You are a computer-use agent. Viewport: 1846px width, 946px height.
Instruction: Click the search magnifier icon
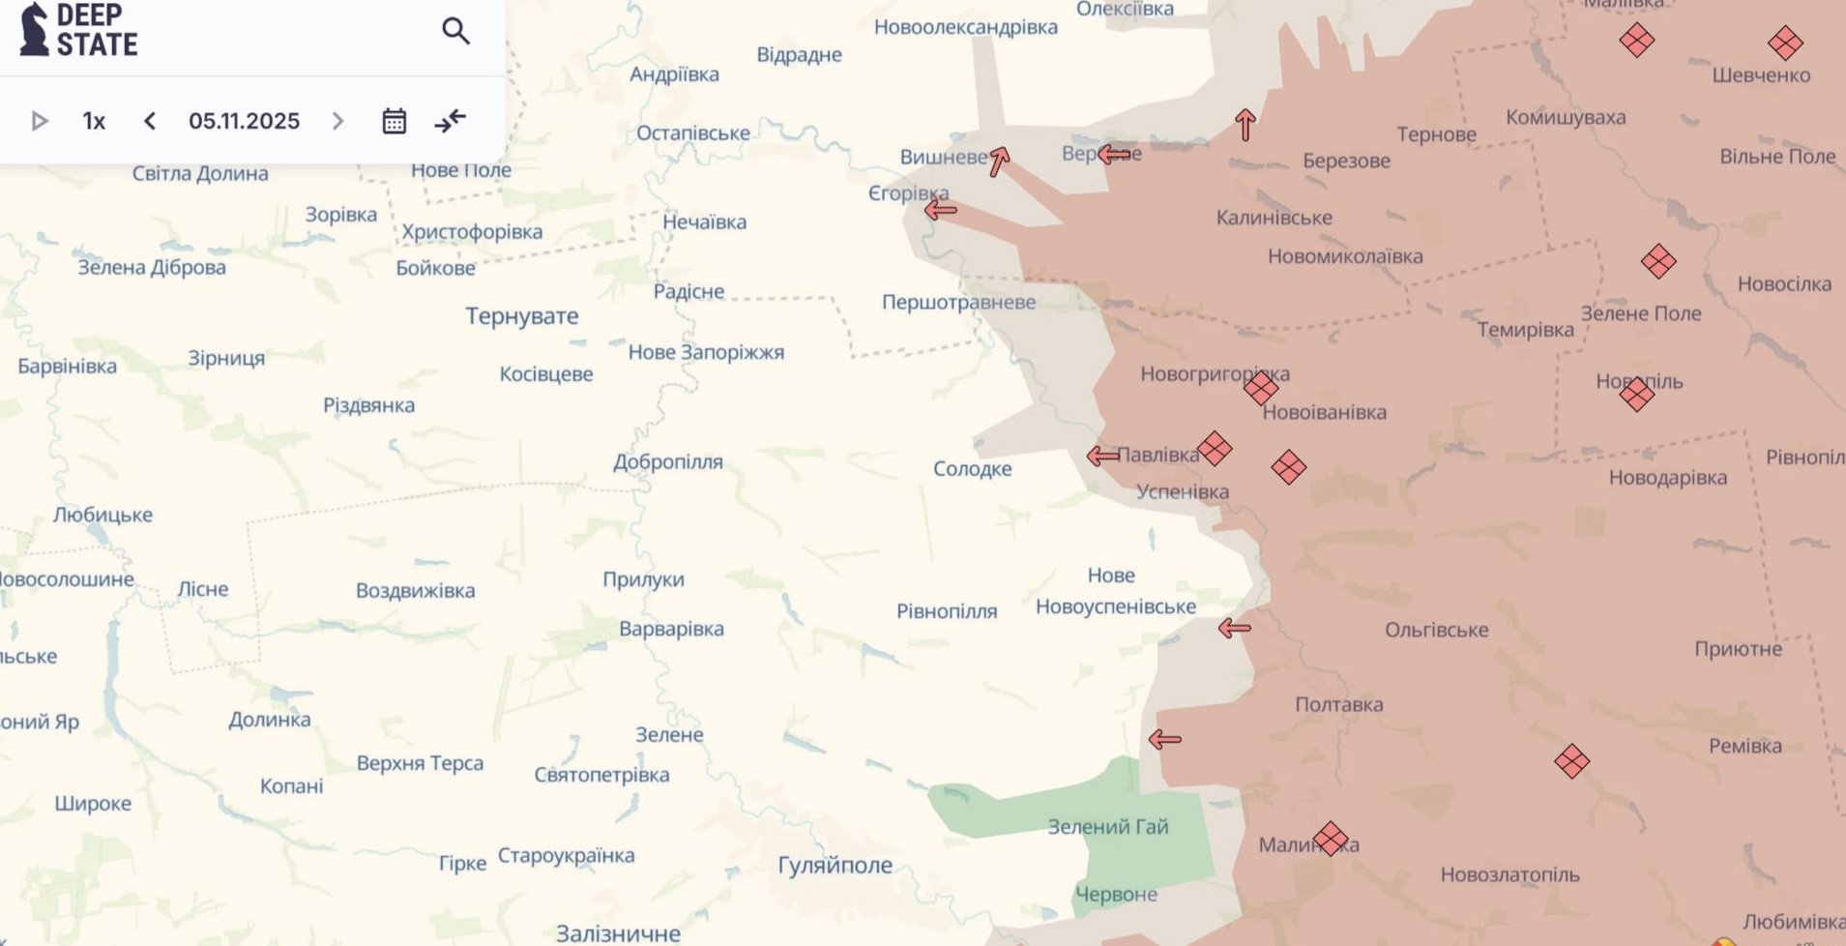pyautogui.click(x=455, y=31)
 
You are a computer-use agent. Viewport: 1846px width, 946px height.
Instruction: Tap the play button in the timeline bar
pyautogui.click(x=40, y=121)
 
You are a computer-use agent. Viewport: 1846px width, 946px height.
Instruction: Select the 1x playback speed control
pyautogui.click(x=94, y=121)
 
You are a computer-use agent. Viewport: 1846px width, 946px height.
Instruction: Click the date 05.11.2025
pyautogui.click(x=244, y=121)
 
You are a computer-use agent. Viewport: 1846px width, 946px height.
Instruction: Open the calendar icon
pyautogui.click(x=394, y=121)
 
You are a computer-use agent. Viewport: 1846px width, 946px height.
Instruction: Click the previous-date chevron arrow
pyautogui.click(x=150, y=121)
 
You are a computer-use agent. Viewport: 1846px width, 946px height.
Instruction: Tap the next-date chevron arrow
pyautogui.click(x=337, y=121)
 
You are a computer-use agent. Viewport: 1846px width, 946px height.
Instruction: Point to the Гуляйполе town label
pyautogui.click(x=835, y=865)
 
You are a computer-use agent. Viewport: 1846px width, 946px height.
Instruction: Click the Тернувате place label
pyautogui.click(x=521, y=316)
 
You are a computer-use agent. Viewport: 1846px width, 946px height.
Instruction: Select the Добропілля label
pyautogui.click(x=667, y=461)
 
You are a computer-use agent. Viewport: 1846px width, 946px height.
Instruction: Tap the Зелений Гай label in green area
pyautogui.click(x=1107, y=827)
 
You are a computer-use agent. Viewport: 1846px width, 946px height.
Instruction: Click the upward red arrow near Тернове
pyautogui.click(x=1245, y=125)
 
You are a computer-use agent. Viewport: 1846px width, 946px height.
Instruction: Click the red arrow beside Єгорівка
pyautogui.click(x=940, y=209)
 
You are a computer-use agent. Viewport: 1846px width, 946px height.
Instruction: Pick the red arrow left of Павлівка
pyautogui.click(x=1101, y=456)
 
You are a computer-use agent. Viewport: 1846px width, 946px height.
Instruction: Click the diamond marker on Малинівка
pyautogui.click(x=1330, y=839)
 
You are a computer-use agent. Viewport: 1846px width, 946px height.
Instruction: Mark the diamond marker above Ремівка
pyautogui.click(x=1571, y=761)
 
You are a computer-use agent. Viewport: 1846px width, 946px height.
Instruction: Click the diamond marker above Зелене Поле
pyautogui.click(x=1657, y=261)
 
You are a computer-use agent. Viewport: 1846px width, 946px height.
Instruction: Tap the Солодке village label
pyautogui.click(x=972, y=469)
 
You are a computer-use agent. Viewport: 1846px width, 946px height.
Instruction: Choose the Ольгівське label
pyautogui.click(x=1436, y=631)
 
